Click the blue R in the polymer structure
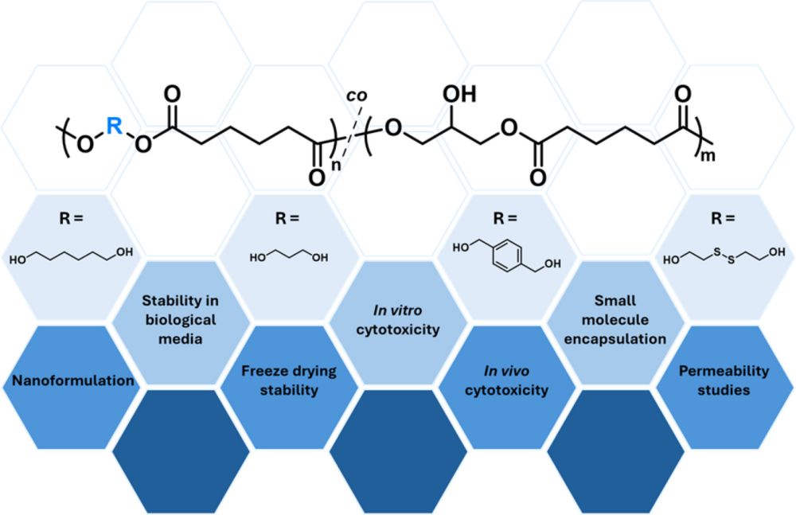pos(114,126)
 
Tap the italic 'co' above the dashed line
pos(357,96)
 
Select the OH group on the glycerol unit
pos(459,94)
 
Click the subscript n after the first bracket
pos(336,165)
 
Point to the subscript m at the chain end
pos(708,155)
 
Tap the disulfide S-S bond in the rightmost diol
pos(724,256)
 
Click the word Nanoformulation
pos(73,380)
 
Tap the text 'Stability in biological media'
pos(180,319)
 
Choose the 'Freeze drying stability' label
pos(289,380)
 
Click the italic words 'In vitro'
pos(397,310)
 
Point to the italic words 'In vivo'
pos(506,371)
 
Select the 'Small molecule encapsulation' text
pos(615,319)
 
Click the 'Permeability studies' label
pos(724,380)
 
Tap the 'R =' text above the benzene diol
pos(505,218)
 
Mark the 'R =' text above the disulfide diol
pos(723,218)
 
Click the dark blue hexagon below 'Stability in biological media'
pos(181,451)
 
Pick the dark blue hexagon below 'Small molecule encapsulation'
pos(616,451)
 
